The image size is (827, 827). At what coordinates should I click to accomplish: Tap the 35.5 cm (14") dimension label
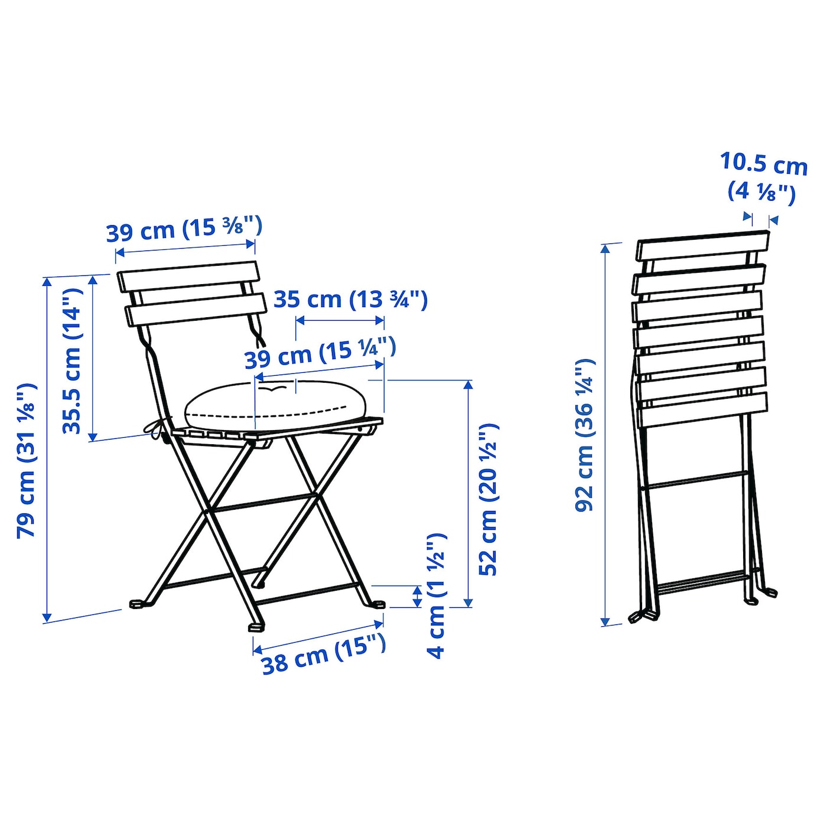click(x=71, y=361)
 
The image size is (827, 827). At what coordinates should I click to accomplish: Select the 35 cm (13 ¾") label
click(x=350, y=299)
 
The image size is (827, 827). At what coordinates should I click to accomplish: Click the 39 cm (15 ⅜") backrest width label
click(x=184, y=229)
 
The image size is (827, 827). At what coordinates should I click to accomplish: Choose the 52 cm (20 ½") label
click(x=489, y=499)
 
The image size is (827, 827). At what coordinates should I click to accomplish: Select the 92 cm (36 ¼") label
click(x=585, y=435)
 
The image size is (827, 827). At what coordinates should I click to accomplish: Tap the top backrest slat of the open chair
click(x=188, y=277)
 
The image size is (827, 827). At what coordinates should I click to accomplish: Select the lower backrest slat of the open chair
click(x=194, y=310)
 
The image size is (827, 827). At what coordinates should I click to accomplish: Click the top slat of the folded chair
click(x=703, y=246)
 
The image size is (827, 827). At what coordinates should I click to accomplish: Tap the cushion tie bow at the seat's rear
click(x=157, y=426)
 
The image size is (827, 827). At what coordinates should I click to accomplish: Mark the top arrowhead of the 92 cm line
click(x=605, y=248)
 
